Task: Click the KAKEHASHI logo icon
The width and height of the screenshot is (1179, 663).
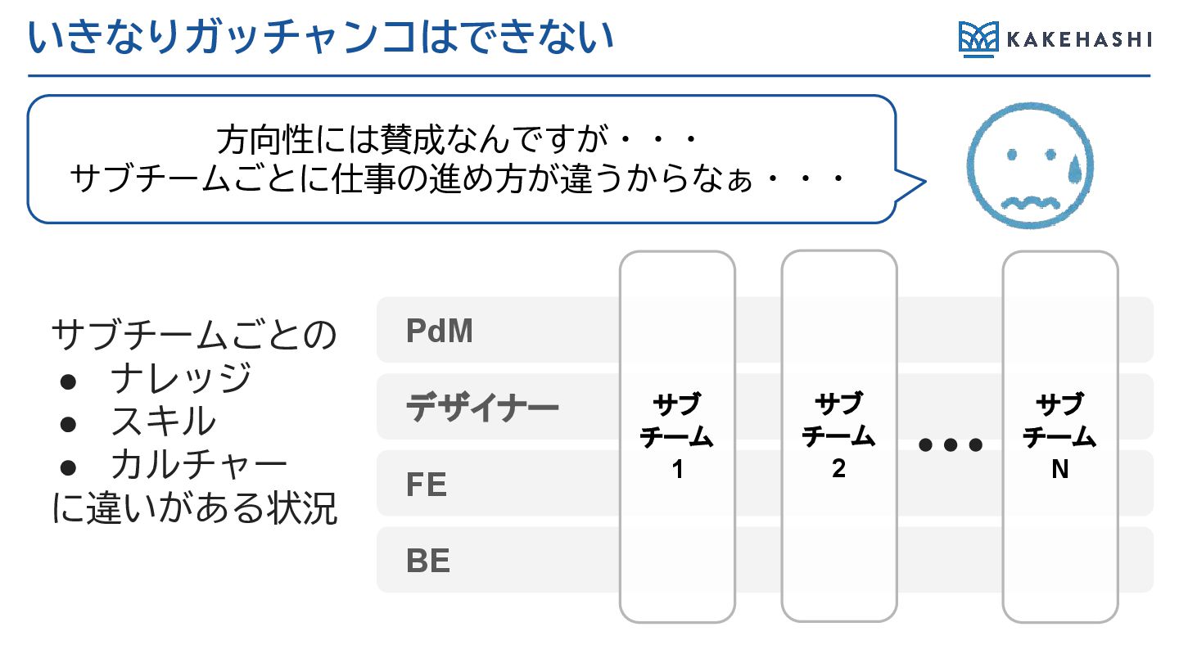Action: [979, 39]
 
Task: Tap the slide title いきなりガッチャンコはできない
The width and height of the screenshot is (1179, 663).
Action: [321, 38]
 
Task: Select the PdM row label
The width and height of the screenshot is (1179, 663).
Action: [440, 331]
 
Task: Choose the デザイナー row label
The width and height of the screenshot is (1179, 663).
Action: [482, 407]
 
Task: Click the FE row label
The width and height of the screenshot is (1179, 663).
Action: [427, 485]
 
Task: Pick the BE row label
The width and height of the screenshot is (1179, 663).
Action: [428, 562]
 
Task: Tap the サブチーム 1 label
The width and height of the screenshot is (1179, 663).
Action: [677, 437]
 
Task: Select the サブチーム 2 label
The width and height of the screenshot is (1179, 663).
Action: [839, 437]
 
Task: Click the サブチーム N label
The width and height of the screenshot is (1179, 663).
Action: [1060, 437]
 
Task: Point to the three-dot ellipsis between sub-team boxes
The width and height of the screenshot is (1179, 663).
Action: [951, 445]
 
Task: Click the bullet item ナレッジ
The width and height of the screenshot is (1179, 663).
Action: [181, 378]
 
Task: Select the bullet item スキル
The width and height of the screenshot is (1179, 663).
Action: [164, 422]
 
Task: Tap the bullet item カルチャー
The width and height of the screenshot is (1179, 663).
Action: [199, 465]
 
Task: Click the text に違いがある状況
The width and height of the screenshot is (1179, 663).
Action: [194, 508]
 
